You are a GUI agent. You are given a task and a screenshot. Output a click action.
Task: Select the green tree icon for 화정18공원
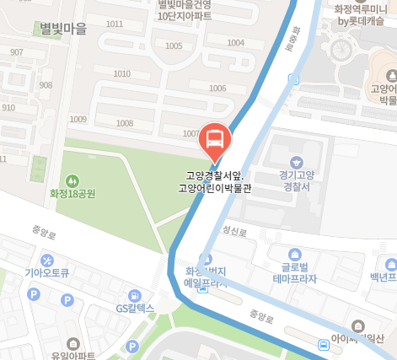72,180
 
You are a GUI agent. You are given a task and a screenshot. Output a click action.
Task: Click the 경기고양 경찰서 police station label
296,181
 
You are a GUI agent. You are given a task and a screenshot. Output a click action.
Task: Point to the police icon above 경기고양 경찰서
296,162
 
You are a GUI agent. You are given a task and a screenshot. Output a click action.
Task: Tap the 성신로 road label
233,229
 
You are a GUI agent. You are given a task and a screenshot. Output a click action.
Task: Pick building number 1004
236,42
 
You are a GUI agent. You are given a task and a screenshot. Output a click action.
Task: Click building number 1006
217,89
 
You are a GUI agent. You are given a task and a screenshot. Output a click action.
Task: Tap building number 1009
78,119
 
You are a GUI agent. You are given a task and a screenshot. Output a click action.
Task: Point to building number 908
46,85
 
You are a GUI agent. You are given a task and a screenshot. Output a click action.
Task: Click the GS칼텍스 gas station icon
134,295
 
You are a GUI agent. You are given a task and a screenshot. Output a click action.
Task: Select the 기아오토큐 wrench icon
47,259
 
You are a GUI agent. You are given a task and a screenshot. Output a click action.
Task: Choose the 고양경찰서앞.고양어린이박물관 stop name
215,182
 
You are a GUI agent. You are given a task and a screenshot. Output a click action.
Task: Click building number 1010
121,74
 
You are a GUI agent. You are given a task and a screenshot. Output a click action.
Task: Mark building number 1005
174,46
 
